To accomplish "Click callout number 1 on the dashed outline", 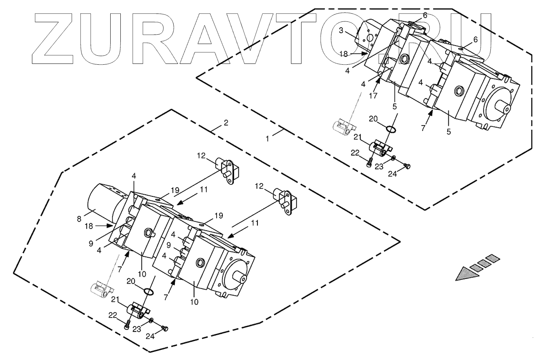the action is coord(267,138).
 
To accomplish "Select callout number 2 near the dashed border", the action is coord(226,123).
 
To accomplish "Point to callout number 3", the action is coord(341,31).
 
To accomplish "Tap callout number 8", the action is coord(79,218).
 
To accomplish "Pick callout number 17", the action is coord(373,95).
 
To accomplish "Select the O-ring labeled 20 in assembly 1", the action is coord(391,129).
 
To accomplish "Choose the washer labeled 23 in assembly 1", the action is coord(393,158).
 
